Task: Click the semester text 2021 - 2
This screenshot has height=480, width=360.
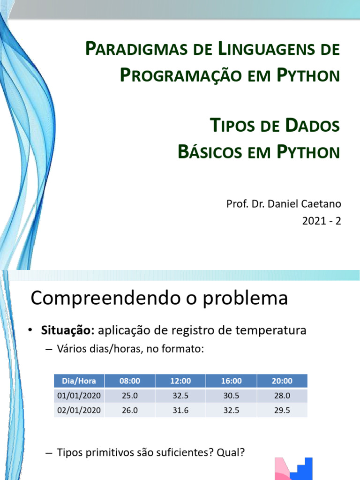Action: coord(322,220)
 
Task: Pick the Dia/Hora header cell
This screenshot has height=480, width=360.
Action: coord(79,381)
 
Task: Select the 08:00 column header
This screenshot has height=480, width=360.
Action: coord(130,381)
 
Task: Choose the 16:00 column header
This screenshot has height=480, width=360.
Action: coord(231,381)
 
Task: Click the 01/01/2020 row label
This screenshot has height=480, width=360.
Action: coord(79,396)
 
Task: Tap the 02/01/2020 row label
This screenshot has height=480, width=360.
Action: coord(79,410)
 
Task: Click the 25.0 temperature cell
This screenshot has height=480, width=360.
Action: coord(130,396)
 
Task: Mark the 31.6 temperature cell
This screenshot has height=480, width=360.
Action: coord(180,410)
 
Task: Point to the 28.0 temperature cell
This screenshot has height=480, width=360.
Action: coord(282,396)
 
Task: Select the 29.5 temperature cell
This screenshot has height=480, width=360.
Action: coord(282,410)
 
